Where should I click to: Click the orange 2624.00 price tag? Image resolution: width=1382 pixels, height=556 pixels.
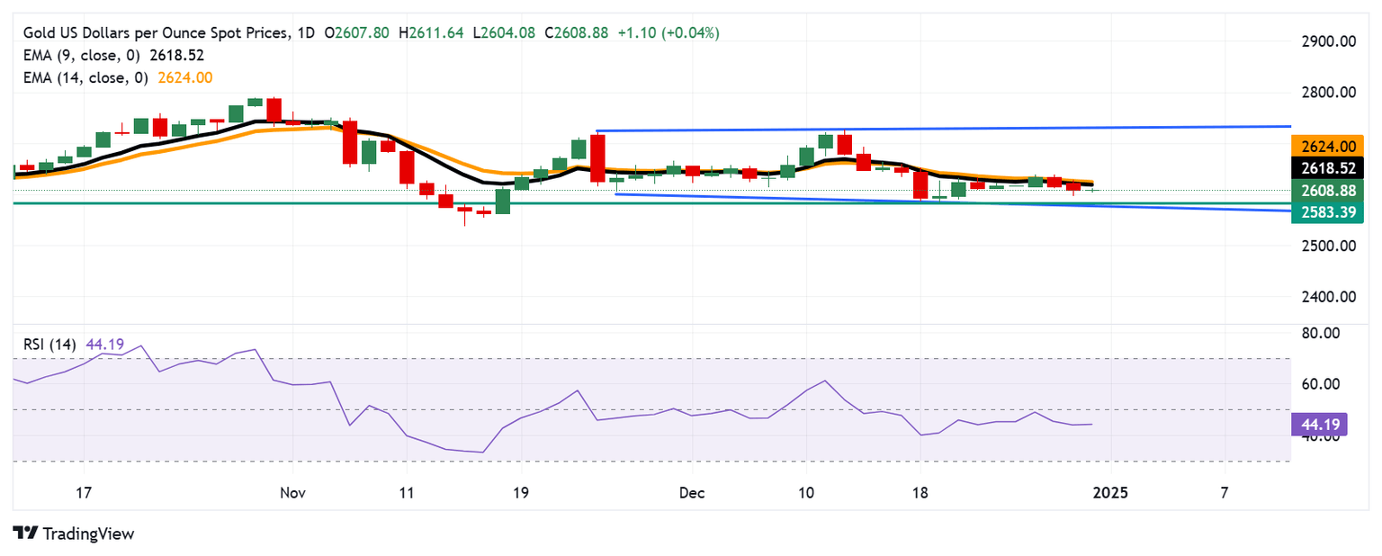[1327, 146]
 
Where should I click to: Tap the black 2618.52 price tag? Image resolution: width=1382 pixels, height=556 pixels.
[1327, 168]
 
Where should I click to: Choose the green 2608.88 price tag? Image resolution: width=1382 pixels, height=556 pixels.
[1327, 191]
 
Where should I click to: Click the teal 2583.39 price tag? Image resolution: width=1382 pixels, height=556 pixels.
[1327, 213]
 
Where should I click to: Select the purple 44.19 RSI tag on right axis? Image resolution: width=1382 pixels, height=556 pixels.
[1318, 425]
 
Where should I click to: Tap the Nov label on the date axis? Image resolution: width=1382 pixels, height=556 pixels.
[293, 494]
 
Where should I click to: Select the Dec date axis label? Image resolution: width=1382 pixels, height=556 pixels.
[692, 494]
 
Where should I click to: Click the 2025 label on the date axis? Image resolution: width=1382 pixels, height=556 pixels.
[1110, 494]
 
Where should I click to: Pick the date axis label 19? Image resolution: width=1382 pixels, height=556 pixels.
[521, 494]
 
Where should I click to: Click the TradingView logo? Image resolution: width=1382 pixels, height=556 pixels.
[74, 534]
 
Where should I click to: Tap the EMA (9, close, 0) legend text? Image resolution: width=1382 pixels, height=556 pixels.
[81, 56]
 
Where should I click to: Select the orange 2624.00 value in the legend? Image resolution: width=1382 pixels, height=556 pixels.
[184, 78]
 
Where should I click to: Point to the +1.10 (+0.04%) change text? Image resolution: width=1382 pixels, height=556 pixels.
[669, 33]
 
